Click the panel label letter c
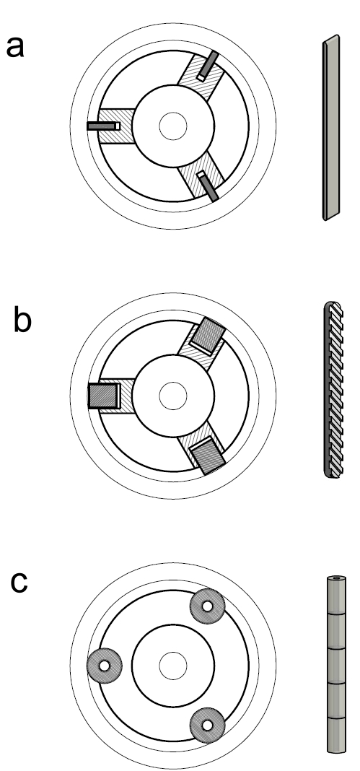click(19, 582)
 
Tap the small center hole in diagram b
click(173, 395)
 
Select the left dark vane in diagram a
click(102, 126)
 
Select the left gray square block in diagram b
click(102, 396)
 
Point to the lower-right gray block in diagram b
click(208, 455)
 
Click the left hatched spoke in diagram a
click(115, 126)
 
